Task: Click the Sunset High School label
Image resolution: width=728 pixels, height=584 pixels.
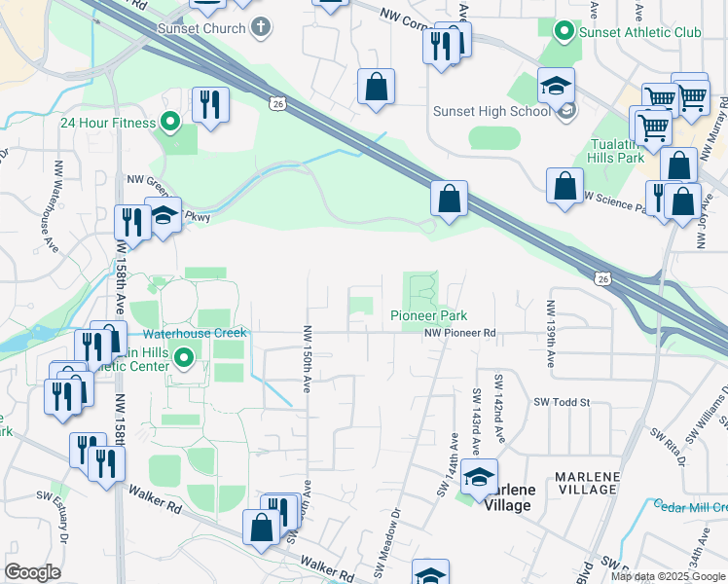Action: pyautogui.click(x=492, y=110)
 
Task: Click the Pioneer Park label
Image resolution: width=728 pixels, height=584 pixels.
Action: pyautogui.click(x=429, y=315)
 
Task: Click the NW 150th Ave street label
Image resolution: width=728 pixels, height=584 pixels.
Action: pyautogui.click(x=307, y=358)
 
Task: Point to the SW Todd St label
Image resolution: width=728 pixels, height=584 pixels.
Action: pyautogui.click(x=563, y=401)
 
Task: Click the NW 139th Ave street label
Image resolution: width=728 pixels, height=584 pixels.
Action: pyautogui.click(x=550, y=333)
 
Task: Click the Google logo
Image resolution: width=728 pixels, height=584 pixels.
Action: pyautogui.click(x=32, y=572)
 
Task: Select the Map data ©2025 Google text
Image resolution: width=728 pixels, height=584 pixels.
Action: pyautogui.click(x=667, y=576)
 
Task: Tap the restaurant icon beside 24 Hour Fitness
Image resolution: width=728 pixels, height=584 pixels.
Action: pyautogui.click(x=210, y=104)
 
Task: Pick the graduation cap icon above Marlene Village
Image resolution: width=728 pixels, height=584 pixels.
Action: pyautogui.click(x=479, y=477)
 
